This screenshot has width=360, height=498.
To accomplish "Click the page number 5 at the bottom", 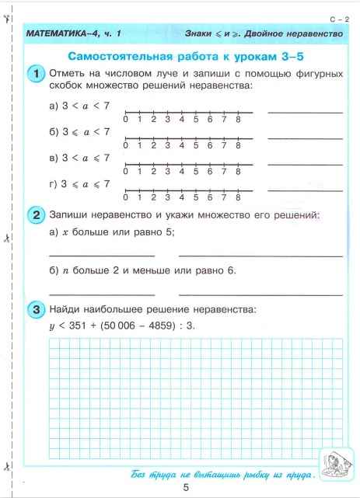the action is (186, 487).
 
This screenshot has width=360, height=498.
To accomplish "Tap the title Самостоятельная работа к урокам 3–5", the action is (186, 55).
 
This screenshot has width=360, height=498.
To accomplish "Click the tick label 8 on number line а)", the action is (237, 119).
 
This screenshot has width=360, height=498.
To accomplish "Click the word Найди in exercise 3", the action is (65, 310).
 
